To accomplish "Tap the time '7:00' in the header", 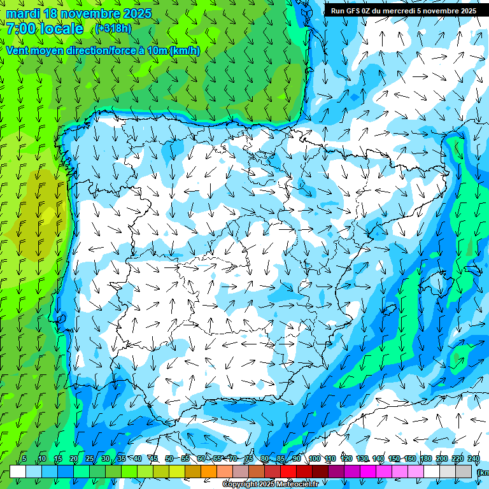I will click(x=21, y=29).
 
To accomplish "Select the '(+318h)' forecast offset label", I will click(x=113, y=29).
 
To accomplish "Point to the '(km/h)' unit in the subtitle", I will click(x=185, y=51).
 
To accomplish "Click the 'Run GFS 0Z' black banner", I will click(x=403, y=11).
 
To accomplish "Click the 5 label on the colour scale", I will click(x=24, y=459).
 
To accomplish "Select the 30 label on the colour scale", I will click(x=105, y=459).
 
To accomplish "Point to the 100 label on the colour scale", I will click(x=314, y=459).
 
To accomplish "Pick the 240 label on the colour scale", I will click(x=473, y=459).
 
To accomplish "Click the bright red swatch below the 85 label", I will click(x=288, y=471).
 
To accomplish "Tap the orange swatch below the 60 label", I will click(x=208, y=471).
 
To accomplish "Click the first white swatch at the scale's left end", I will click(x=17, y=471).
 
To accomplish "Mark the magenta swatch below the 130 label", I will click(x=367, y=471).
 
